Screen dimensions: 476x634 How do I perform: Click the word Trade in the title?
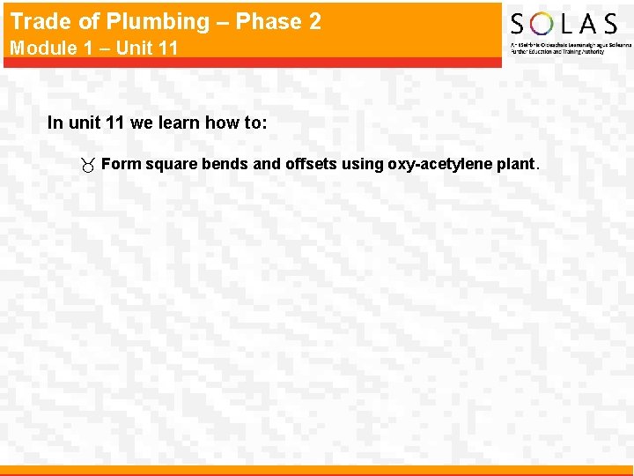[x=39, y=20]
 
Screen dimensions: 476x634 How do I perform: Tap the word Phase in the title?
[x=264, y=20]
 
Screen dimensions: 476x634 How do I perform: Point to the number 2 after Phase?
[x=313, y=20]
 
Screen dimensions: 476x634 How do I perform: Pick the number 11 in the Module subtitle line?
[x=167, y=48]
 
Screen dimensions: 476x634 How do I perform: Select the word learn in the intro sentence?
[x=180, y=123]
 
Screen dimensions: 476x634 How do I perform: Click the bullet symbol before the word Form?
[x=87, y=165]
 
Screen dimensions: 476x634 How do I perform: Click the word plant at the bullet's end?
[x=513, y=164]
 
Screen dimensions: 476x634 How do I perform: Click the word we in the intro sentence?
[x=141, y=123]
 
